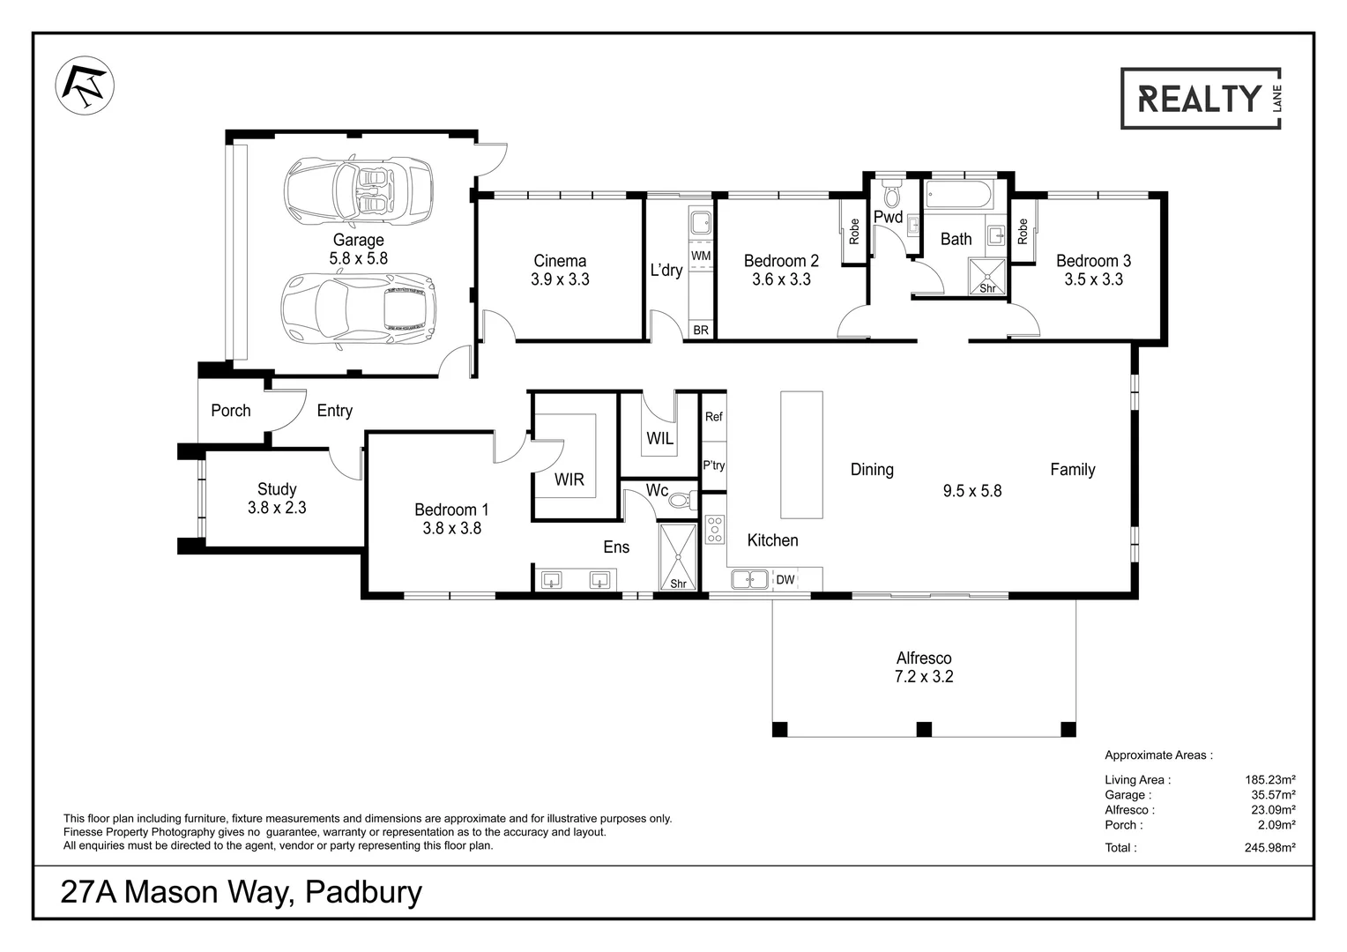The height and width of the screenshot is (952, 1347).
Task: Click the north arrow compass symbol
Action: coord(84,86)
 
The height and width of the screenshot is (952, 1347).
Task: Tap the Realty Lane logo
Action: coord(1200,99)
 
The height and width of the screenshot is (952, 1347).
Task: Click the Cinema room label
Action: coord(560,261)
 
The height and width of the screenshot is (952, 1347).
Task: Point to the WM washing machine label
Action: coord(701,256)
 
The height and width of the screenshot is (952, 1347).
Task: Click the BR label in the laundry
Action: coord(701,331)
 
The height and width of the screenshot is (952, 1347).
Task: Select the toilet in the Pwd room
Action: coord(890,192)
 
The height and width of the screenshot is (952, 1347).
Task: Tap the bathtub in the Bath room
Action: coord(958,195)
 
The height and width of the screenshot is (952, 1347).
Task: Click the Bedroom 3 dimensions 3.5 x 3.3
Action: coord(1093,279)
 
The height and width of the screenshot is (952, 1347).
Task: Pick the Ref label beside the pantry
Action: coord(713,416)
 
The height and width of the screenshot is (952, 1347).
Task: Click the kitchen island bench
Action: coord(801,455)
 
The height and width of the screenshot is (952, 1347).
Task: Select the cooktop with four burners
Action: coord(714,530)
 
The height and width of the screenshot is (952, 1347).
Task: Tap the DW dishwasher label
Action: coord(785,579)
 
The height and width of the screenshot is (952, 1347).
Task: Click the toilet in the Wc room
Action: coord(681,501)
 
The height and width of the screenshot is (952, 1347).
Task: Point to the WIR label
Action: coord(569,480)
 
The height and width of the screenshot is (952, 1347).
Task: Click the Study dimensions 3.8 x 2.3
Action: coord(277,508)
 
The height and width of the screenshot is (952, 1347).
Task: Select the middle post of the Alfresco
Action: coord(924,729)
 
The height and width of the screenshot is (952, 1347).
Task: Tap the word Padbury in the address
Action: coord(363,892)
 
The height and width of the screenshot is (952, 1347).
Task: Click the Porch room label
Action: coord(231,411)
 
